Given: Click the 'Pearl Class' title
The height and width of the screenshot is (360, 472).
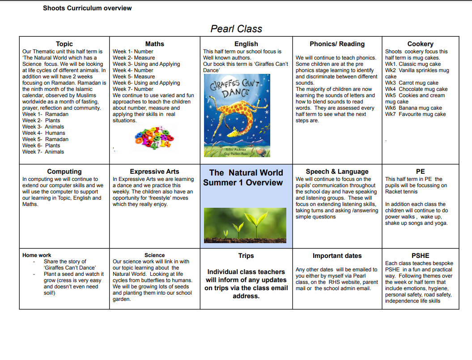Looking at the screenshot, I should click(236, 29).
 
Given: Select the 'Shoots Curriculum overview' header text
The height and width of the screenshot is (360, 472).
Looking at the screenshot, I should click(87, 8).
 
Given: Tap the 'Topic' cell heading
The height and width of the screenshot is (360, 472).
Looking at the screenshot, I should click(64, 44).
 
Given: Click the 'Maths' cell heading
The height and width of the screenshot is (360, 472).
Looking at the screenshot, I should click(155, 44).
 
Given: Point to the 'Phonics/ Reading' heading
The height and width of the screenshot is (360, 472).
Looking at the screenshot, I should click(337, 44).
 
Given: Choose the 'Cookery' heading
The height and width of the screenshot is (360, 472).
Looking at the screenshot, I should click(420, 44).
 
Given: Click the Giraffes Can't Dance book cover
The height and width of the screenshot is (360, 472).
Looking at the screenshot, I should click(237, 115).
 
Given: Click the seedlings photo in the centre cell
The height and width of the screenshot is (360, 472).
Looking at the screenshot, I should click(245, 225).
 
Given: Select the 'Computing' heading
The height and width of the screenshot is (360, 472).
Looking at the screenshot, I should click(64, 171).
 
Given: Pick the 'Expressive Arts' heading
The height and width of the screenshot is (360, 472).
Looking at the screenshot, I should click(154, 171).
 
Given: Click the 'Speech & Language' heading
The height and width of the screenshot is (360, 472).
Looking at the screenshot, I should click(337, 171).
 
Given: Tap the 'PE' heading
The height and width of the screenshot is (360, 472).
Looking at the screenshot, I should click(420, 171).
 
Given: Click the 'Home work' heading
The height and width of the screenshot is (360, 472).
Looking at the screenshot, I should click(37, 255).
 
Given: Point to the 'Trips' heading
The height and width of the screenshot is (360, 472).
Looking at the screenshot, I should click(246, 256).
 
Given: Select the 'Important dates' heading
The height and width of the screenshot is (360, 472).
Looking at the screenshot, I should click(337, 256).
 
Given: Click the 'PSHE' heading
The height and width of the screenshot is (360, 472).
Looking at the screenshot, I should click(420, 256).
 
